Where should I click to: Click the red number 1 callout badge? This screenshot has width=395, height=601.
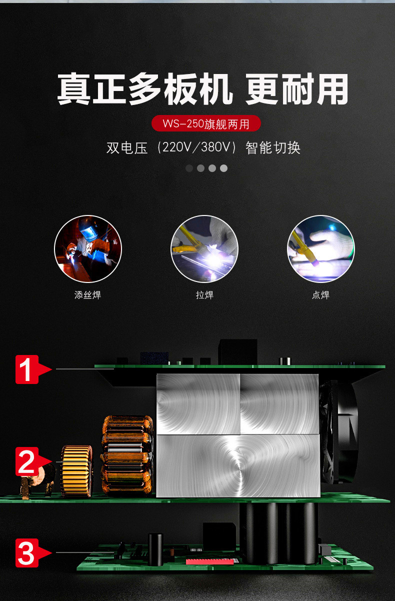[32, 369]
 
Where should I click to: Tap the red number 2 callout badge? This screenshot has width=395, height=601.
[32, 461]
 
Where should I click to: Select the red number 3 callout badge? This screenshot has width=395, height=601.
[32, 552]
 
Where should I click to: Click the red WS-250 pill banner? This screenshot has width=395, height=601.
[206, 123]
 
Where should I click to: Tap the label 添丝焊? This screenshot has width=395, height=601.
[87, 295]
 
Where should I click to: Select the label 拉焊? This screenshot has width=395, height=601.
[204, 295]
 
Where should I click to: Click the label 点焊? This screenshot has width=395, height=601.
[320, 295]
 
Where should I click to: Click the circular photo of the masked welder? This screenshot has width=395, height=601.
[88, 248]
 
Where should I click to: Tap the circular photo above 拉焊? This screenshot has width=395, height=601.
[204, 248]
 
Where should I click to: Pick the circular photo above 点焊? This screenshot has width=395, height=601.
[320, 248]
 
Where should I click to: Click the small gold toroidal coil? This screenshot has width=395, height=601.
[76, 471]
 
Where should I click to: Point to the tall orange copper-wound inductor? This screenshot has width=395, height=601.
[127, 455]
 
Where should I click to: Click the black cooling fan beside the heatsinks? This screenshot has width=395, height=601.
[338, 432]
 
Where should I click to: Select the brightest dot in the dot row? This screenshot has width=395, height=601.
[223, 168]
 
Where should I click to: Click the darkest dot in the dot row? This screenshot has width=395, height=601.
[189, 168]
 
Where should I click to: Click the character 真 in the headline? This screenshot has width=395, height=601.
[73, 89]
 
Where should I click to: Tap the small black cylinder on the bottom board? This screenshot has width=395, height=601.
[155, 549]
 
